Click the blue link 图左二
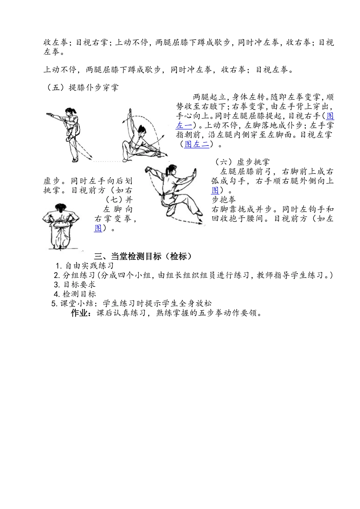coord(196,144)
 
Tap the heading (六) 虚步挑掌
coord(243,162)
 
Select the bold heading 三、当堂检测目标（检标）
coord(143,256)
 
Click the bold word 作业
coord(81,313)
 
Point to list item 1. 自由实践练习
coord(85,266)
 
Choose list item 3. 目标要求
coord(75,284)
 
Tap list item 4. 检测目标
coord(75,294)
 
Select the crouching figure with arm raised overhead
coord(140,136)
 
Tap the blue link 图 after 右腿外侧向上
coord(215,190)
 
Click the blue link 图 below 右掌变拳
coord(98,228)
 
